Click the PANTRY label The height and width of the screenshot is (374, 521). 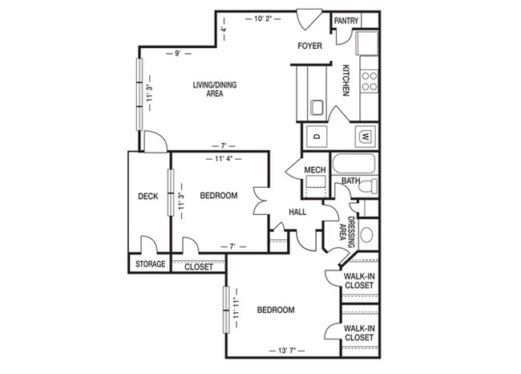(x=345, y=21)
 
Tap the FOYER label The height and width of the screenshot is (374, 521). (x=309, y=47)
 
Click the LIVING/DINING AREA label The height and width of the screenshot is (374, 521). (x=208, y=89)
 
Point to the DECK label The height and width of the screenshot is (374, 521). (x=147, y=196)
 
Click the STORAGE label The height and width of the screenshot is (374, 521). (x=150, y=264)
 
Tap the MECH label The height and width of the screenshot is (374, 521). (x=313, y=169)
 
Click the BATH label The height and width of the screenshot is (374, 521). (x=350, y=181)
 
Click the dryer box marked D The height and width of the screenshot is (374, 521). (x=316, y=136)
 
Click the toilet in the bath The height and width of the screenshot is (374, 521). (x=368, y=186)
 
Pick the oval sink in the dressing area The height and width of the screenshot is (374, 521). (x=367, y=236)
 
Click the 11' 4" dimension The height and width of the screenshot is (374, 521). (x=224, y=159)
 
